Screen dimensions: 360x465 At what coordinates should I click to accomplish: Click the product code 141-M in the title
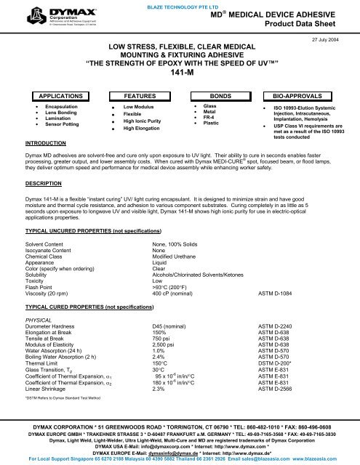coord(180,73)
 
